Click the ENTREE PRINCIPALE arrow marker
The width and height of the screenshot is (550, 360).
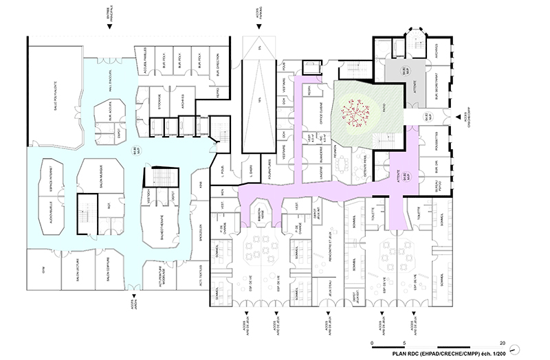[x=109, y=27]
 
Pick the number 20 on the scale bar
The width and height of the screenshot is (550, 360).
[x=503, y=342]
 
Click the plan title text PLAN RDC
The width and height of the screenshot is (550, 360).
[x=408, y=352]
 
